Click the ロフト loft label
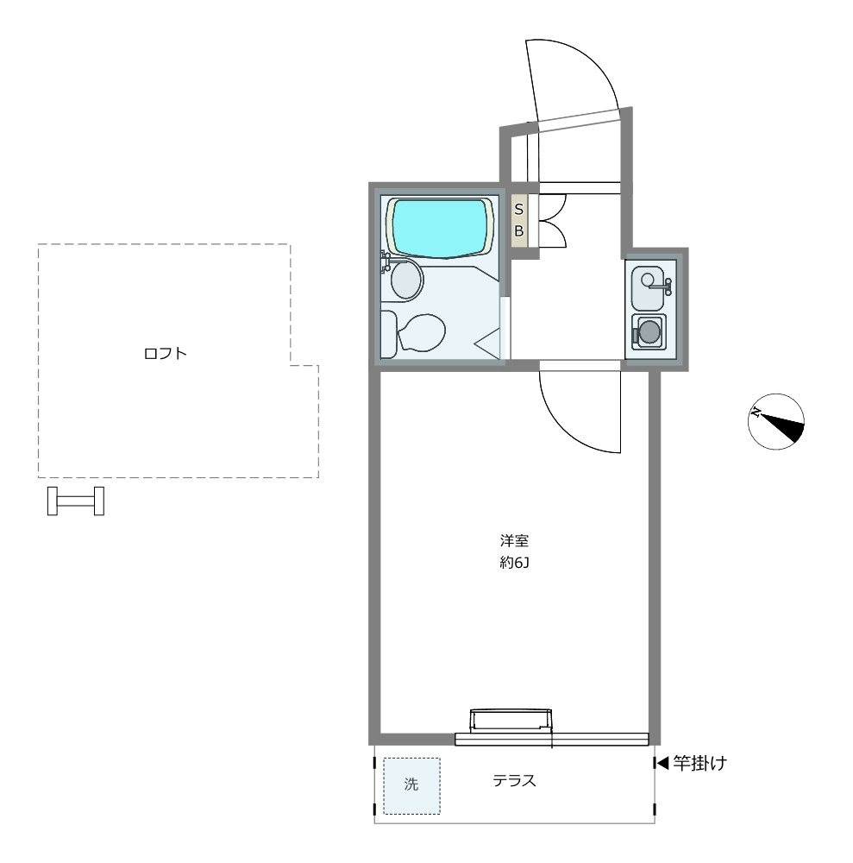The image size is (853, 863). tap(166, 353)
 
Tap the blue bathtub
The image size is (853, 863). tap(440, 228)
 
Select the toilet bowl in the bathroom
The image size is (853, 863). tap(420, 332)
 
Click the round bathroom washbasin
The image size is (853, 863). tap(406, 279)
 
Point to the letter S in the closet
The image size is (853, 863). tap(518, 210)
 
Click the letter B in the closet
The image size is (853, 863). tap(518, 231)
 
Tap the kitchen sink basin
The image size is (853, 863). tap(649, 288)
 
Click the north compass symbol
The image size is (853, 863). tap(776, 422)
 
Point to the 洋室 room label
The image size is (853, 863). tap(514, 540)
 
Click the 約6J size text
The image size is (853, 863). tap(514, 563)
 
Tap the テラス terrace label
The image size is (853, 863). tap(514, 780)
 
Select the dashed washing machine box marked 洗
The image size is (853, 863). tap(412, 786)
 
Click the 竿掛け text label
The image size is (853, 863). tap(700, 764)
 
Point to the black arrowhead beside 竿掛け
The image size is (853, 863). tap(662, 763)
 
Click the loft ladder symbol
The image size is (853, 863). tap(76, 501)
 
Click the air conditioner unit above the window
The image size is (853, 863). tap(511, 720)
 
